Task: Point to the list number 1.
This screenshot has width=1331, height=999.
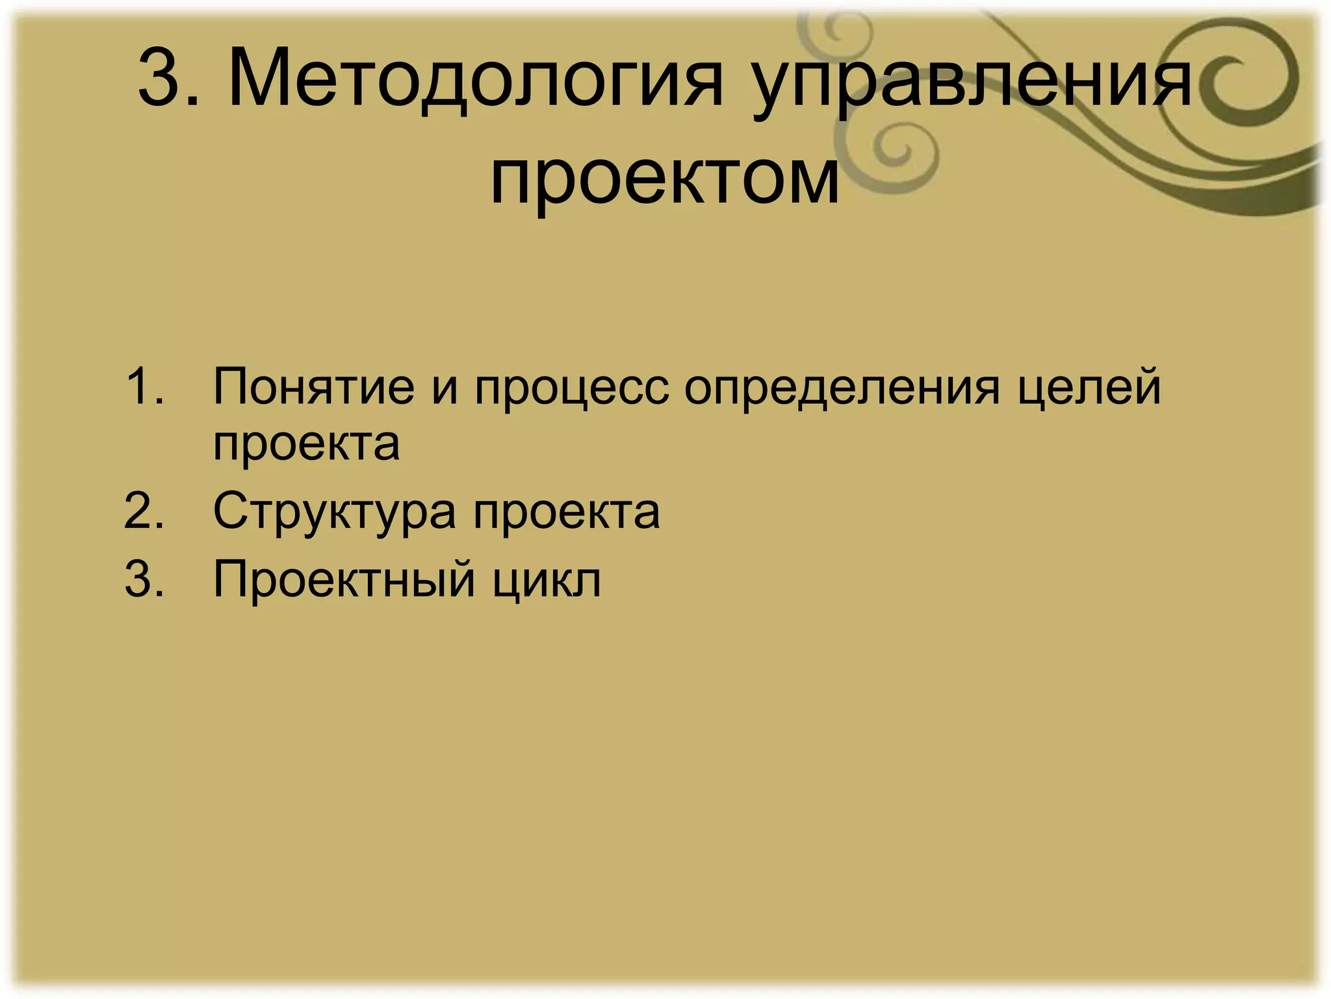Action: (x=144, y=386)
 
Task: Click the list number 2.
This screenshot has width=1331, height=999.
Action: (x=144, y=511)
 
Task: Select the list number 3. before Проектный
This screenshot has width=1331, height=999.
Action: (x=144, y=578)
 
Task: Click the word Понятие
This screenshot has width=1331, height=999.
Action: (x=314, y=386)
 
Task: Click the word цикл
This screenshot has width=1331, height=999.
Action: (x=546, y=579)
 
